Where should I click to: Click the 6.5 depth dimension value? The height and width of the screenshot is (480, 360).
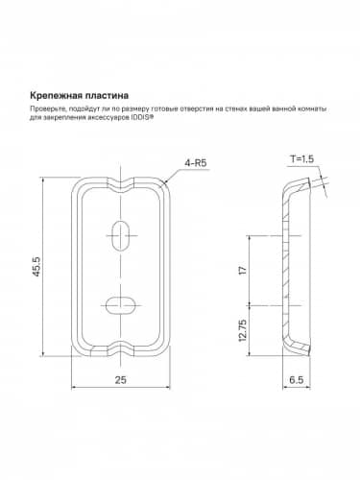click(299, 380)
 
